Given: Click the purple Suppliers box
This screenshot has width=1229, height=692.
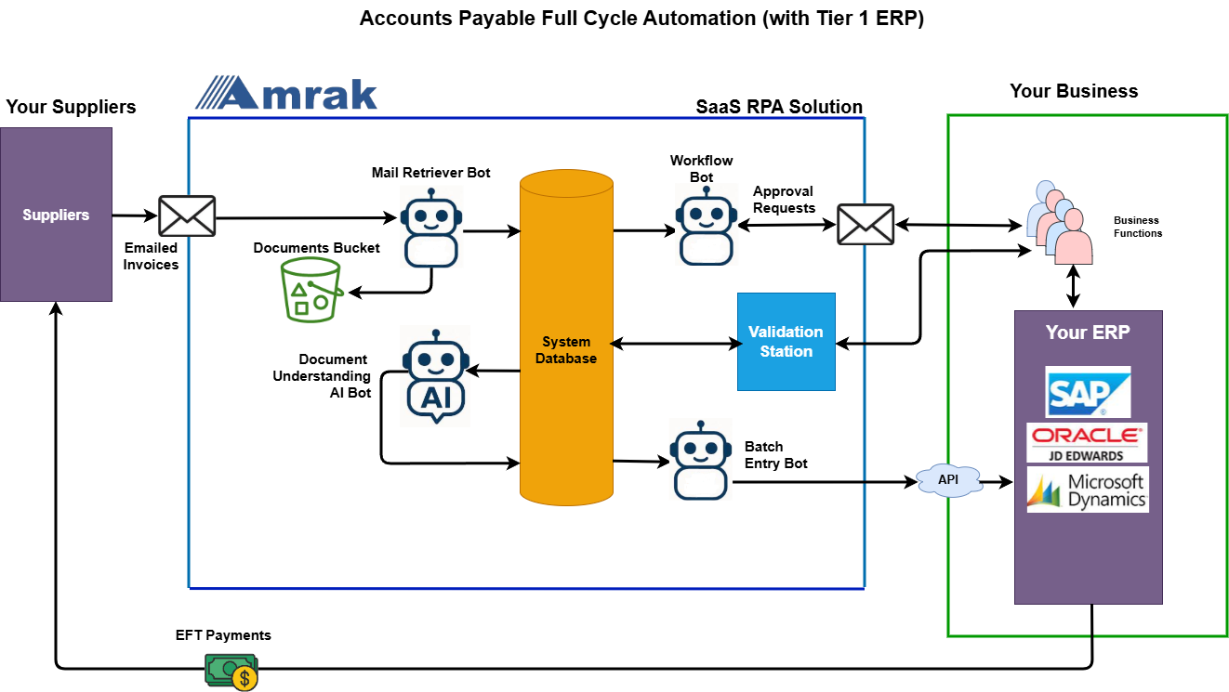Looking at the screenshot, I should pos(56,215).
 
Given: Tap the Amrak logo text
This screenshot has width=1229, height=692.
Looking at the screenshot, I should pos(287,94).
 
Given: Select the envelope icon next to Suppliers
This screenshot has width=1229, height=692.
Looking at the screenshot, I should pos(187,215).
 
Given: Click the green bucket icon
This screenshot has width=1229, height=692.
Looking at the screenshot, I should pos(312,290).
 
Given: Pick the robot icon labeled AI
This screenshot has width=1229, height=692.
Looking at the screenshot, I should pos(435,375).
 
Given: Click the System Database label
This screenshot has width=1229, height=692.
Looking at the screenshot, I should pos(566,350).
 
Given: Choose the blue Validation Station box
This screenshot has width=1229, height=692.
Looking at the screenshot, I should pos(786,342).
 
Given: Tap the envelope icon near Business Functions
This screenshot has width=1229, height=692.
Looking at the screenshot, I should pos(866,225).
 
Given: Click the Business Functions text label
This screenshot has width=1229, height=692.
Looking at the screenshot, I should pos(1137,228).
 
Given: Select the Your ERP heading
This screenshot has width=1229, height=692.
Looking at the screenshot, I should pos(1088,333).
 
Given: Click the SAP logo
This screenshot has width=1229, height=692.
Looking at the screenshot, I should pos(1088,391).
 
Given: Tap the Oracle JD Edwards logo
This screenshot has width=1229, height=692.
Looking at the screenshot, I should pos(1087,443).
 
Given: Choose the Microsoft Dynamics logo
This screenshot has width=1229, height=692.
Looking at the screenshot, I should pos(1088,490).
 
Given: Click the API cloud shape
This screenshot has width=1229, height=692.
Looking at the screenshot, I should pos(948,479).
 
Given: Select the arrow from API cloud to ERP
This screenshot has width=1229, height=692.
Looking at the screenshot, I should pos(997,482).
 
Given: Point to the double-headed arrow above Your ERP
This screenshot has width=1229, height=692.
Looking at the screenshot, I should pos(1074,287).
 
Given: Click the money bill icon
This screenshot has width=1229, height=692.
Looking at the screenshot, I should pos(231,672).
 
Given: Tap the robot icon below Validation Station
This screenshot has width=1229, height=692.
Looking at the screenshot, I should pos(701,459).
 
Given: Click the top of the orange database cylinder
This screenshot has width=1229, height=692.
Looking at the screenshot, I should pos(566,182).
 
